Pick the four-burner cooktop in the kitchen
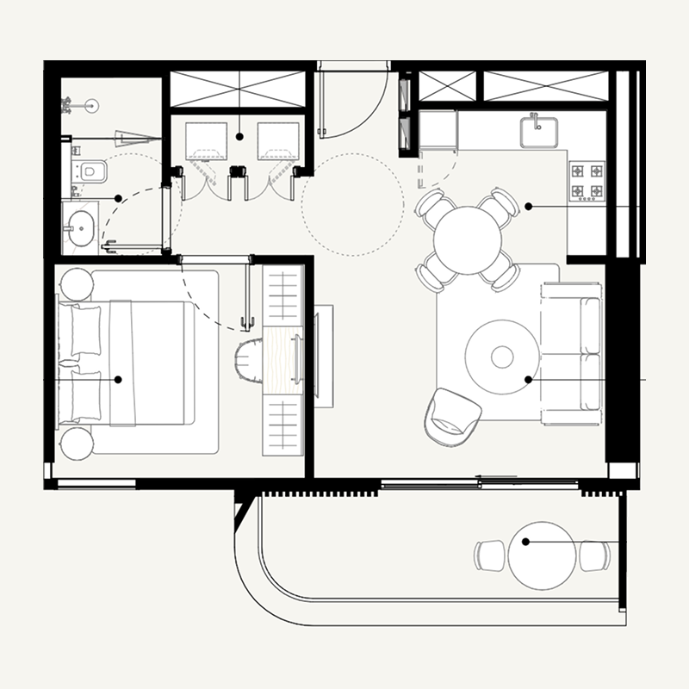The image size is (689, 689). pos(587,180)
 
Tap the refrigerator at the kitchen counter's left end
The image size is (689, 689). pos(438,130)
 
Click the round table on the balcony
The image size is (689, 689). pos(542,556)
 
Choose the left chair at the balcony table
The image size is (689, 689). pos(490,555)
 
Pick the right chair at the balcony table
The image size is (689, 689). pos(594,556)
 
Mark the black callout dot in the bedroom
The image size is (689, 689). pos(118,379)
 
